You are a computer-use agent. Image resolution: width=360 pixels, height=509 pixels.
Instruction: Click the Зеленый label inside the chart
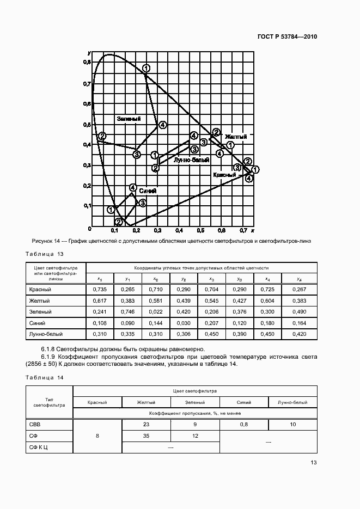129,119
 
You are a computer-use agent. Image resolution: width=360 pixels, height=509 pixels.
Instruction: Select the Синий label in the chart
148,191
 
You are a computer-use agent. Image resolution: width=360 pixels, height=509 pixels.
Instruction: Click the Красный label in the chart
224,175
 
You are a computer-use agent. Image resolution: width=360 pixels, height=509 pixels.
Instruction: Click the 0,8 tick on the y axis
87,63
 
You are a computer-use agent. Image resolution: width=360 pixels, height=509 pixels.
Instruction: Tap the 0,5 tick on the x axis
200,231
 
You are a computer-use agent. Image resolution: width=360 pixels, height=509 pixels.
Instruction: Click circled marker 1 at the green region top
146,68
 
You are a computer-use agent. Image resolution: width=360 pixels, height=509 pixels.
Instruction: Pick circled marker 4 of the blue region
133,188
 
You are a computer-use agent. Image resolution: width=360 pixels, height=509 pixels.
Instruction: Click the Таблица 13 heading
45,254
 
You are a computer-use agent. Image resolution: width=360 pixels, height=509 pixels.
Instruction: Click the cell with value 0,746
128,311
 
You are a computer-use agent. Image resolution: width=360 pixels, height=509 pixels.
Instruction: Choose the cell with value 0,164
298,322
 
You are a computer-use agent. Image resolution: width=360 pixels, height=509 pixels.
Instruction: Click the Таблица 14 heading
45,377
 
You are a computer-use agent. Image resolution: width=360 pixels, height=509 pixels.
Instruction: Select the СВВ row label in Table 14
34,425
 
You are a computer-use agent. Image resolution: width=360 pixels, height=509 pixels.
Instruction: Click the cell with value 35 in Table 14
146,436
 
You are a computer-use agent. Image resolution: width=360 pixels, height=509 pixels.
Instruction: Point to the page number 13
313,463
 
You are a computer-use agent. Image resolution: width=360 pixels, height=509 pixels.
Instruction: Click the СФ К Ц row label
38,447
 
